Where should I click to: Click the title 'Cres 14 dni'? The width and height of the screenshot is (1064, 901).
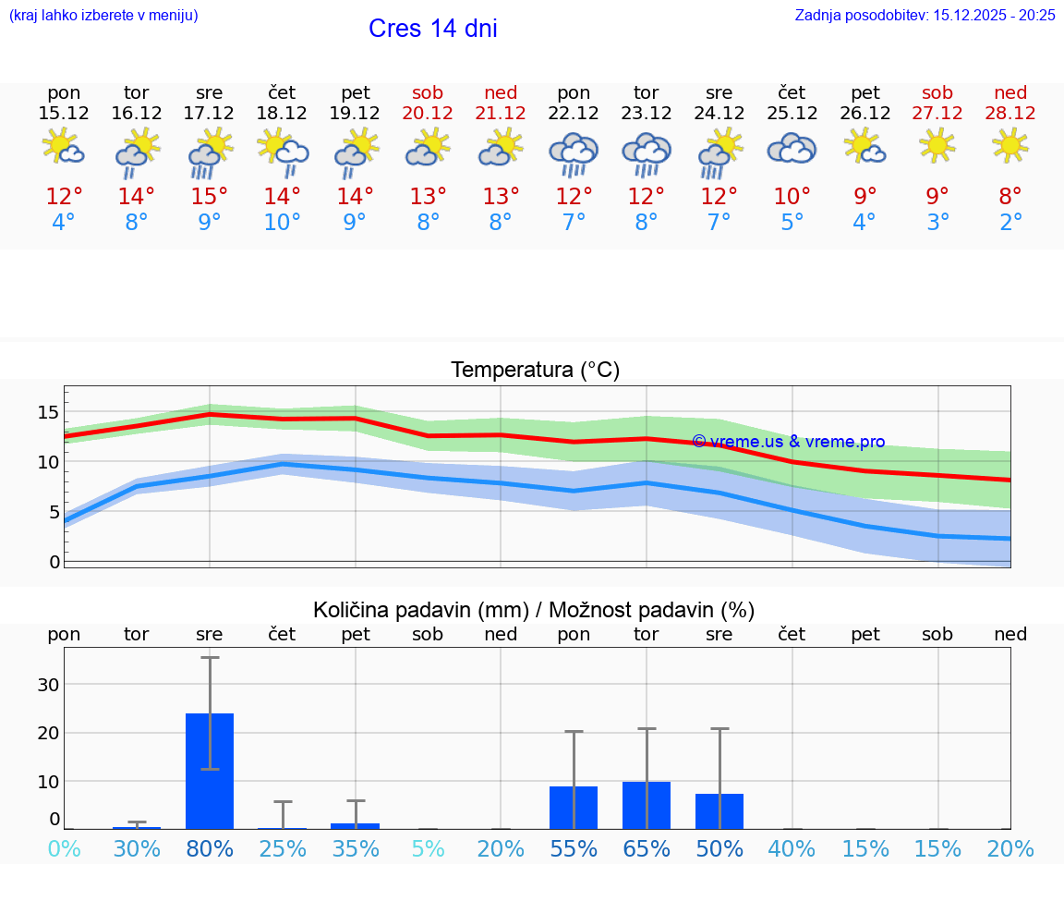click(432, 29)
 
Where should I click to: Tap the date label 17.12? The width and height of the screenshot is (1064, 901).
click(210, 114)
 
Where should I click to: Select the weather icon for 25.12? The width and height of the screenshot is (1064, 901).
click(792, 149)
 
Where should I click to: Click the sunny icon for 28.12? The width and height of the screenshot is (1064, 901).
click(1010, 145)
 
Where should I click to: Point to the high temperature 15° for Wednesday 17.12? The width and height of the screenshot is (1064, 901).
click(210, 197)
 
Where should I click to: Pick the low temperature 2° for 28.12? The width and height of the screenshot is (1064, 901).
click(1010, 223)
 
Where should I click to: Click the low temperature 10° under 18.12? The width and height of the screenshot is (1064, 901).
click(283, 223)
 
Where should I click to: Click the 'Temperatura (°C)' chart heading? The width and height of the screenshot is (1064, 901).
click(535, 370)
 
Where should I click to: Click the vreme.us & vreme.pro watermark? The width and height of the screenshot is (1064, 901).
click(788, 442)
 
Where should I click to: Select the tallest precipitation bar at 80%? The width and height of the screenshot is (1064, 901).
click(210, 771)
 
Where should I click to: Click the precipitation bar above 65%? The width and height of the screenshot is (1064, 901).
click(647, 805)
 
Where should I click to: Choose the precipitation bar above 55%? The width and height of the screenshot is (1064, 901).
click(574, 808)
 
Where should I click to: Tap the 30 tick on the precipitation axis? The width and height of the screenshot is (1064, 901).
click(48, 685)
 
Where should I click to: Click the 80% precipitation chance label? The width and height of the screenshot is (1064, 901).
click(210, 848)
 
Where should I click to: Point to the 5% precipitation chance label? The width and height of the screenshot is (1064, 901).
click(429, 848)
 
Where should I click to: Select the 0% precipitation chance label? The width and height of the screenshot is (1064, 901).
click(64, 848)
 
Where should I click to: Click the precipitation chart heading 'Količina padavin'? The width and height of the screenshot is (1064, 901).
click(534, 610)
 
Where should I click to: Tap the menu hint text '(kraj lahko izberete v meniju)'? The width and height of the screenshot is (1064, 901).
click(103, 15)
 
